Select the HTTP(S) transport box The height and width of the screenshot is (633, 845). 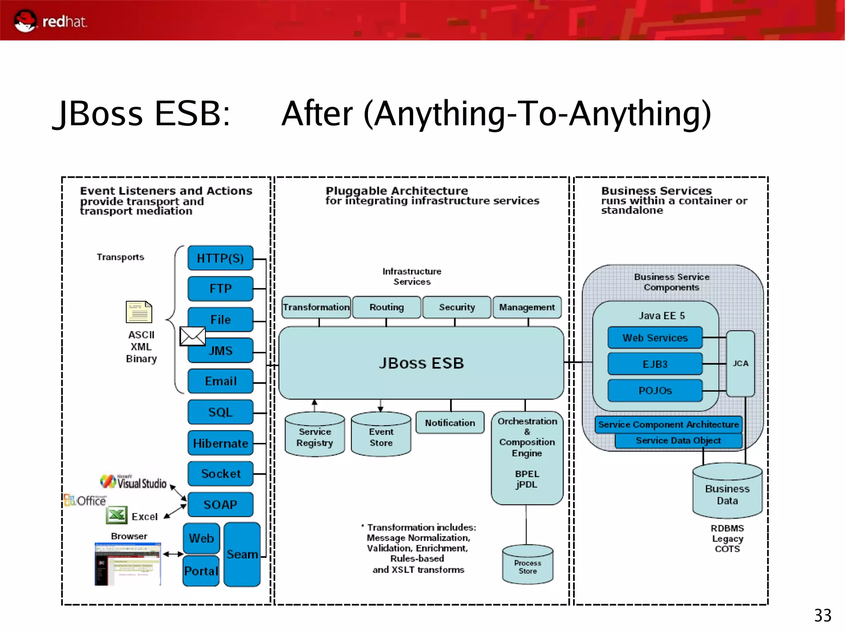[220, 258]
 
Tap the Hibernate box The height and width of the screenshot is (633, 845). [220, 443]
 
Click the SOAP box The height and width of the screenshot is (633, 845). [220, 504]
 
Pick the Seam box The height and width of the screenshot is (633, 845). [242, 554]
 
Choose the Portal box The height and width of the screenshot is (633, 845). [201, 571]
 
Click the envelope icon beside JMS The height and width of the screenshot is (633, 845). [193, 336]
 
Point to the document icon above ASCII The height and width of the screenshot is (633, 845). [139, 312]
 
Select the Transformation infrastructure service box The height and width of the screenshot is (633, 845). [316, 307]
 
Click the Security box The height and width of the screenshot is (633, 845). [457, 307]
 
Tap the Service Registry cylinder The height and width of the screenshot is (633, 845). [315, 435]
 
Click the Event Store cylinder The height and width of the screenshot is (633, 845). [381, 435]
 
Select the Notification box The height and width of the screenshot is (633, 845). [450, 423]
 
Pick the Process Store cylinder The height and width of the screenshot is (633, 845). [528, 565]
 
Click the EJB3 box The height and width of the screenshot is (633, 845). [655, 364]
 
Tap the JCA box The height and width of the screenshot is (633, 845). [740, 363]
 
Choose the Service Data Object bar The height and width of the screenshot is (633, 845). [678, 440]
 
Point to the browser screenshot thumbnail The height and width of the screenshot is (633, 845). [128, 564]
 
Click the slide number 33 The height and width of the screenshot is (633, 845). [822, 616]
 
